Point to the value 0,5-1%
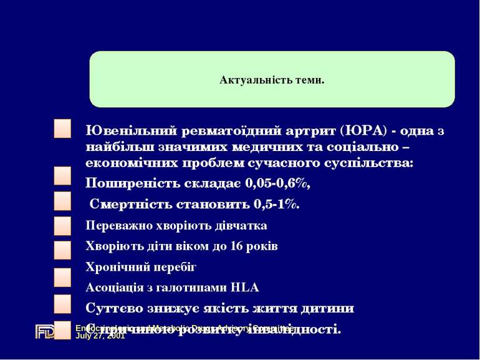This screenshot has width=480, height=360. click(x=277, y=204)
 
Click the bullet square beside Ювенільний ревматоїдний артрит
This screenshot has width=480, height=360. click(x=62, y=130)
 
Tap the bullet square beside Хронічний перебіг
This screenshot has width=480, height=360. click(x=62, y=277)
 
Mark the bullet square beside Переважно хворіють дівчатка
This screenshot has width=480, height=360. click(x=62, y=225)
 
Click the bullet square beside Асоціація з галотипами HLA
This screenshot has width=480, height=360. click(x=62, y=303)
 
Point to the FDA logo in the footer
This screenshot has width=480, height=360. click(x=46, y=331)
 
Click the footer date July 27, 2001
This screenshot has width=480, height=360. click(x=100, y=336)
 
